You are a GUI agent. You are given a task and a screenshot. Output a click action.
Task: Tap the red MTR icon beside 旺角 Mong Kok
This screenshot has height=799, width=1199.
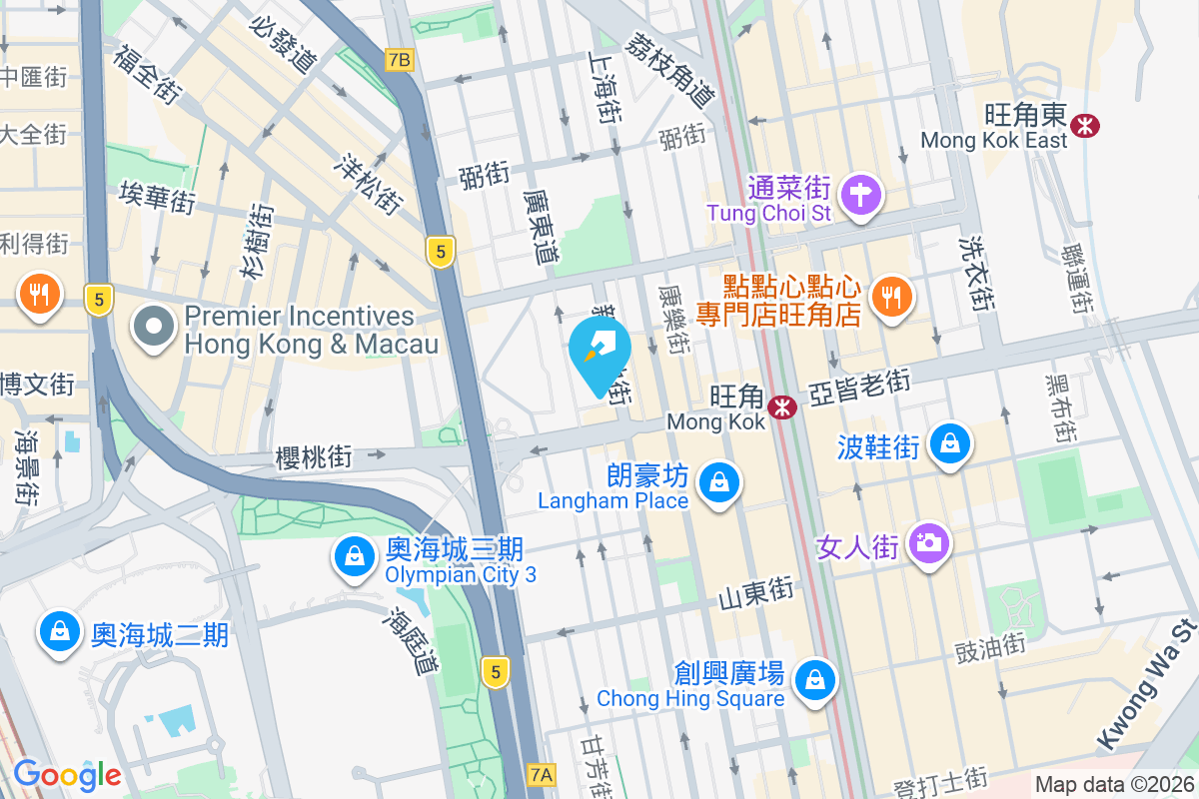point(781,406)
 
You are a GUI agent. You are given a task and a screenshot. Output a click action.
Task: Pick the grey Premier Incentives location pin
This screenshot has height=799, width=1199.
point(155,329)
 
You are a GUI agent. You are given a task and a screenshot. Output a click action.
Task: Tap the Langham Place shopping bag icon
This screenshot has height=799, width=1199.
point(717,483)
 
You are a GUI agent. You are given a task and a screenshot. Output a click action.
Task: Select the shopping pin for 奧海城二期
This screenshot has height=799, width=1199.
point(60,632)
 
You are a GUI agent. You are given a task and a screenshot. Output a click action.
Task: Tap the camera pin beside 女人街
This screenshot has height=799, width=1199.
point(929,542)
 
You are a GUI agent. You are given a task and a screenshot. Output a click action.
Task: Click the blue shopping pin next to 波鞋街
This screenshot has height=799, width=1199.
point(949,442)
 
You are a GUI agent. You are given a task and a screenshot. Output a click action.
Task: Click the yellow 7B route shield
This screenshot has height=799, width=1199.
point(399,60)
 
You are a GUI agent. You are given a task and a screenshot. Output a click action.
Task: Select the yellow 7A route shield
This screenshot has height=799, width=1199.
point(541,773)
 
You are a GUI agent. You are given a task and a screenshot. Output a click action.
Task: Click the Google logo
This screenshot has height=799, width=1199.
point(67,774)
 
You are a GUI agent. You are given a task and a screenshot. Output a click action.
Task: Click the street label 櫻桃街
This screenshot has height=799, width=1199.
point(314,457)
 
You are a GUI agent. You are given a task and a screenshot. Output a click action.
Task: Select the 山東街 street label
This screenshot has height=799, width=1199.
point(756,591)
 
